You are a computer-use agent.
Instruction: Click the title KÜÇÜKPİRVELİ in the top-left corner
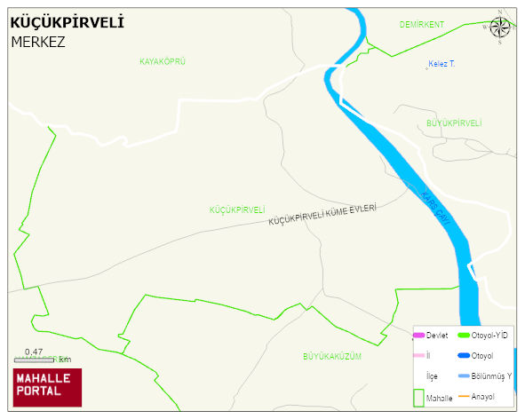[x=67, y=21]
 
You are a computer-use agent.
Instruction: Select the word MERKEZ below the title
[x=38, y=41]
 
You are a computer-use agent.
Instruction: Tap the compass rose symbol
[x=500, y=28]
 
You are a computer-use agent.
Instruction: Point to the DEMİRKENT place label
[x=421, y=24]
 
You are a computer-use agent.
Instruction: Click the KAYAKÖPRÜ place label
[x=163, y=61]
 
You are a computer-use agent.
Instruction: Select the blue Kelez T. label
[x=441, y=64]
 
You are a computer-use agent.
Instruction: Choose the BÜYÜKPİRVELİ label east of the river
[x=454, y=123]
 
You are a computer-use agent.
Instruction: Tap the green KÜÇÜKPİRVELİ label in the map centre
[x=237, y=210]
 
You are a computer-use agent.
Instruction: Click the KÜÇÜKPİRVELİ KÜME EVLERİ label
[x=322, y=215]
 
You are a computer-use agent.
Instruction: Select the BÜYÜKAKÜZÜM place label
[x=332, y=356]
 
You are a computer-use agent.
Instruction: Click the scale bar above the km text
[x=35, y=359]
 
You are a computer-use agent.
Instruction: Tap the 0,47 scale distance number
[x=34, y=352]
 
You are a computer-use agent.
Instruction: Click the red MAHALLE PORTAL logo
[x=47, y=387]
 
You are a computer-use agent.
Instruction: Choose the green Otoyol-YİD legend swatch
[x=463, y=336]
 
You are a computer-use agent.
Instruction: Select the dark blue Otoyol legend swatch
[x=463, y=356]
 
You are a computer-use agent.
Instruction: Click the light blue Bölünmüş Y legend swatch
[x=463, y=376]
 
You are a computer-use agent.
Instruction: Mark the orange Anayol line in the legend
[x=463, y=396]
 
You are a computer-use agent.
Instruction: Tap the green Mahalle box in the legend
[x=418, y=398]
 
